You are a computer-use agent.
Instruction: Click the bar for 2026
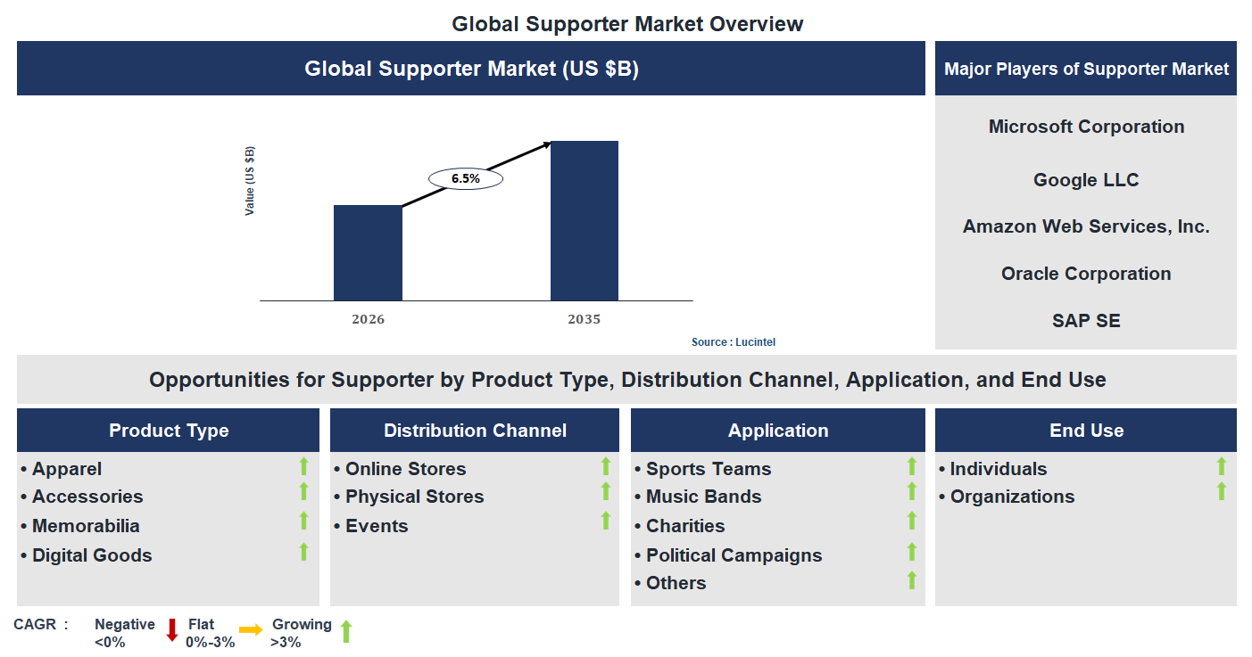[x=368, y=253]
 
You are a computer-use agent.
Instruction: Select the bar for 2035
[x=584, y=221]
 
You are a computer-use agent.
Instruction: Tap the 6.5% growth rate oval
[x=466, y=178]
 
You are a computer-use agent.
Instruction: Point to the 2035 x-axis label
[x=584, y=319]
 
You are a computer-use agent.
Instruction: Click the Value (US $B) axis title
[x=250, y=180]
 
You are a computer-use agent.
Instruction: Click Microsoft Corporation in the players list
[x=1086, y=127]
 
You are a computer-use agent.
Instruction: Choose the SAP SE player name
[x=1086, y=321]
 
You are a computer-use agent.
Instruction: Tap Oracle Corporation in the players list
[x=1086, y=274]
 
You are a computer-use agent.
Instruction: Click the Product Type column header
[x=169, y=431]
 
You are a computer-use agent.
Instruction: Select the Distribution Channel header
[x=475, y=431]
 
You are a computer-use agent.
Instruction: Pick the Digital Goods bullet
[x=92, y=555]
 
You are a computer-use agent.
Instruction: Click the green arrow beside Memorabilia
[x=303, y=521]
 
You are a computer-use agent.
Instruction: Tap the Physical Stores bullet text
[x=414, y=497]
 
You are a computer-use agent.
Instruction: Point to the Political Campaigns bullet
[x=734, y=555]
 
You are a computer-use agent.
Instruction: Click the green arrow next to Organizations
[x=1222, y=491]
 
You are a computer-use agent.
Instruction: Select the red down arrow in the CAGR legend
[x=172, y=629]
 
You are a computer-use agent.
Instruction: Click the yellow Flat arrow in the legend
[x=251, y=630]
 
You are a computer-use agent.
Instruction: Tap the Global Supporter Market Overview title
[x=627, y=24]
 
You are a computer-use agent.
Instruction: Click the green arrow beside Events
[x=606, y=521]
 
